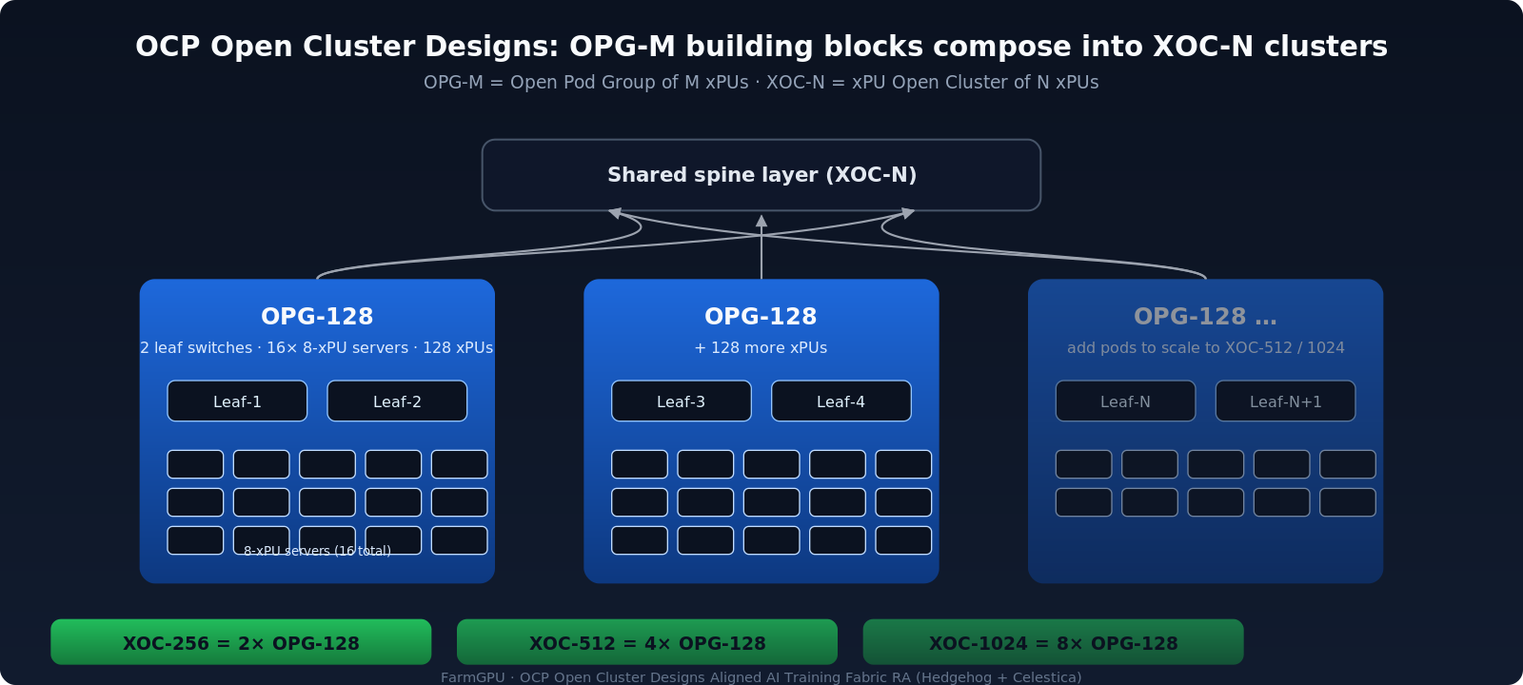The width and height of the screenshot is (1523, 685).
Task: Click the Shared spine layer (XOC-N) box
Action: click(761, 175)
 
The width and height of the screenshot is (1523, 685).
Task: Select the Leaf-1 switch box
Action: click(237, 401)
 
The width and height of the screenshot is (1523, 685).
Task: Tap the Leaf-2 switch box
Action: click(397, 401)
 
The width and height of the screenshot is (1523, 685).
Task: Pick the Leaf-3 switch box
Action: click(681, 401)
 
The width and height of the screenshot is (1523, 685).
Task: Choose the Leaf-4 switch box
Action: click(841, 401)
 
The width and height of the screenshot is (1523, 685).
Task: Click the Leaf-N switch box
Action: click(1125, 401)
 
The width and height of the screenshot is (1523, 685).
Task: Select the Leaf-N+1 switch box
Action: click(1285, 401)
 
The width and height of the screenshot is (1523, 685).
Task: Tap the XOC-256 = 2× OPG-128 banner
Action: click(241, 643)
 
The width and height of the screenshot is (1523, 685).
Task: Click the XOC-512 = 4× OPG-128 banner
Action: click(647, 643)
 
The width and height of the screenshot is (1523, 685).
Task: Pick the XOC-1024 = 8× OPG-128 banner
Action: click(1053, 643)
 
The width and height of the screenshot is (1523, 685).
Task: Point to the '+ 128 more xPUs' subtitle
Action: click(761, 348)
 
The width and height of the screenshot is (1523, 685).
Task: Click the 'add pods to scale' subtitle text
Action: click(1205, 348)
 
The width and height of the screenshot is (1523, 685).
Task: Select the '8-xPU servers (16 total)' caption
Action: click(317, 551)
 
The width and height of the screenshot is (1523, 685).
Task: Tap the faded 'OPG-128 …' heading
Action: click(1205, 317)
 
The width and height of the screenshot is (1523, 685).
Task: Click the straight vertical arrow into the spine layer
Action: click(761, 247)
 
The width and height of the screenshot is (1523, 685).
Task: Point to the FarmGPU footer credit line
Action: click(761, 677)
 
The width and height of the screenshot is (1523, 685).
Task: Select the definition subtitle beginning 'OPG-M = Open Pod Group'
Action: click(761, 83)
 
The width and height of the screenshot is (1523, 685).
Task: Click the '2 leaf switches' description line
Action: click(317, 348)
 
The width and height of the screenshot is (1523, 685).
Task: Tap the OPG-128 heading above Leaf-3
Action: click(761, 317)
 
